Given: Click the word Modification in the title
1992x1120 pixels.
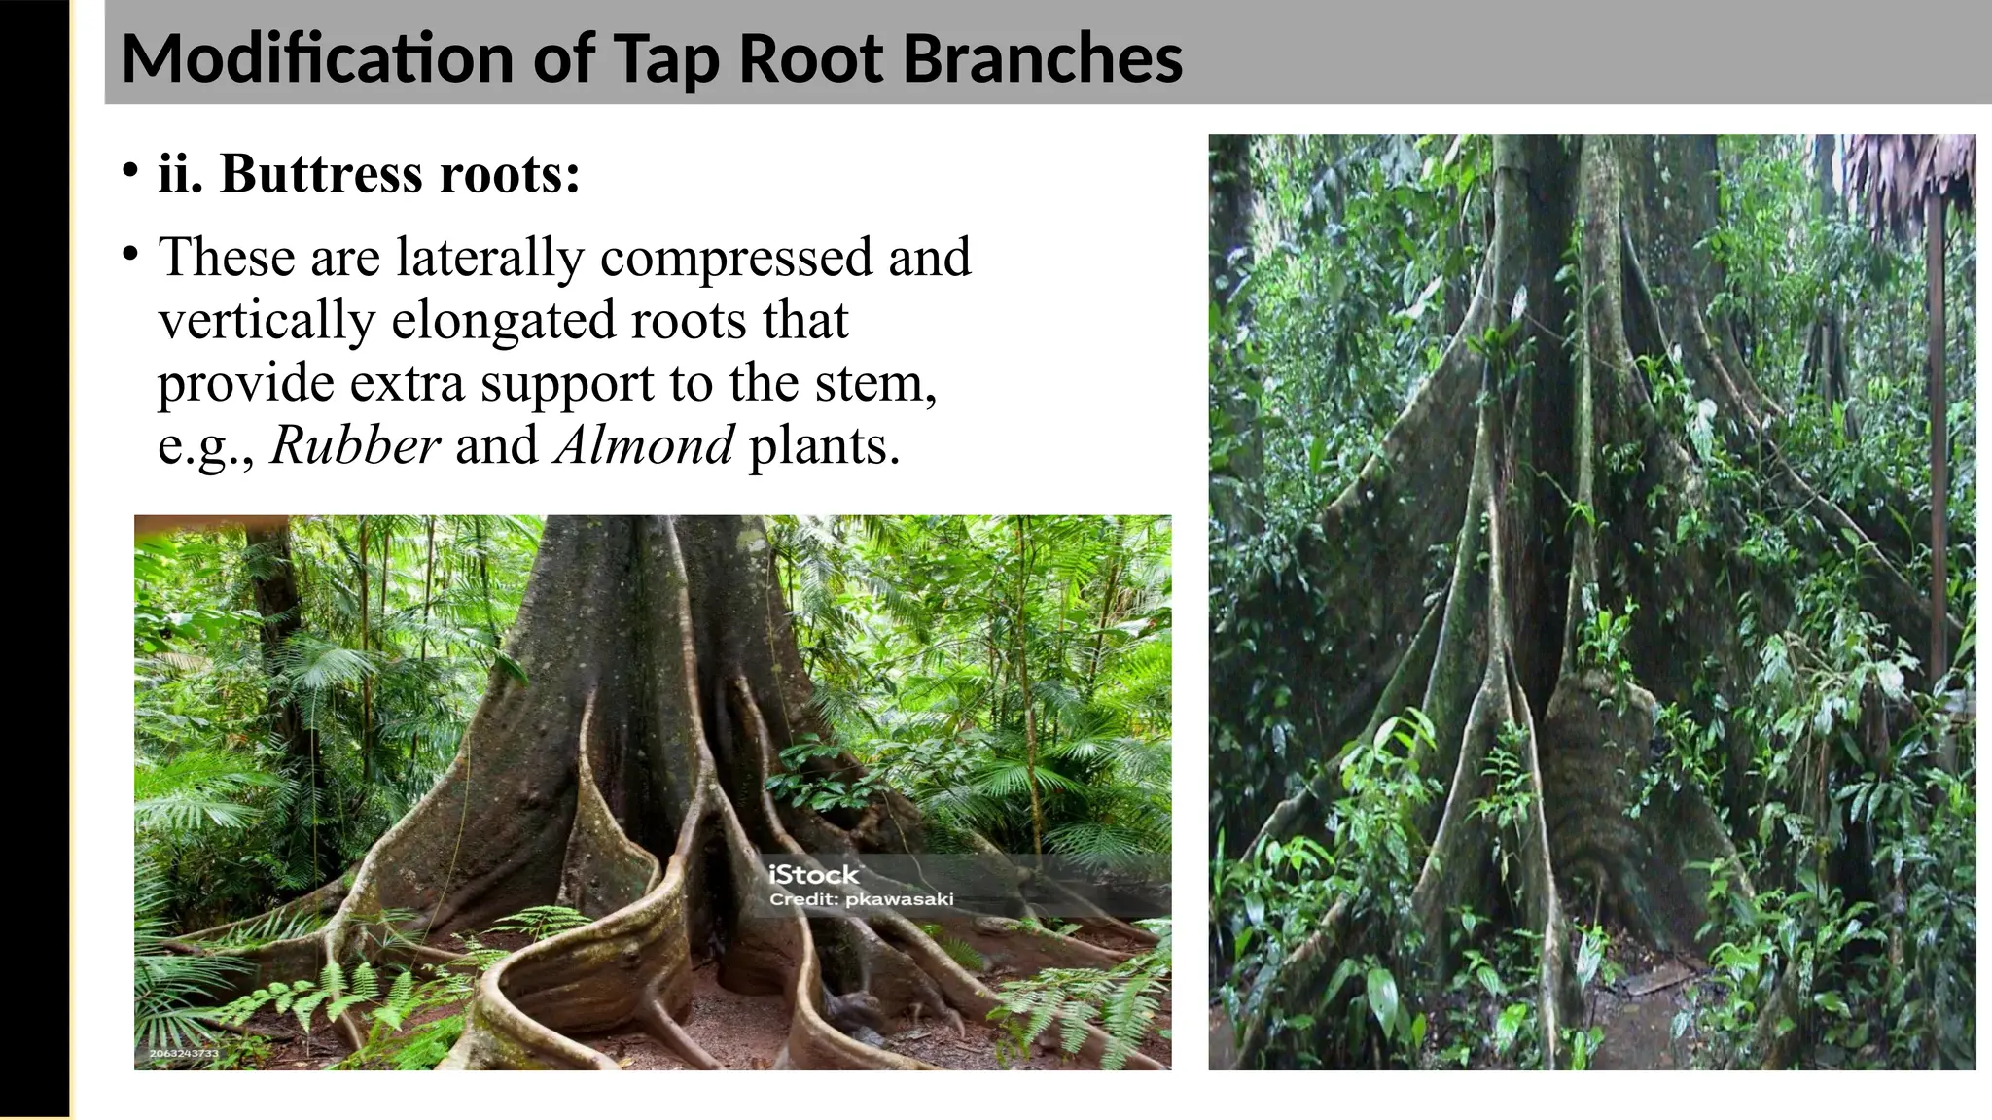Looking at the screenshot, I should pos(316,58).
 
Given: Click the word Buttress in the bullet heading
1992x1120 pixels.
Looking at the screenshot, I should pos(322,174).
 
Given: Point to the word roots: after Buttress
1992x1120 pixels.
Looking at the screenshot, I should pos(510,174).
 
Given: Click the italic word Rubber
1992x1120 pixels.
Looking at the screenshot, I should pos(355,445).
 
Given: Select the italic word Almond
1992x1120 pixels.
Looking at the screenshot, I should pos(644,445).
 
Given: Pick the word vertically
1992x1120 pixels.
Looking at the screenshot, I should pos(266,320).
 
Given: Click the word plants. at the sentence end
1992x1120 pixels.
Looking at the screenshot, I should pos(824,445).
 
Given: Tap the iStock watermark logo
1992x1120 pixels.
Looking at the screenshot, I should pos(814,874).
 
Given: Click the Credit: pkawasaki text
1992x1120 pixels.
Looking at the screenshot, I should pos(861,899).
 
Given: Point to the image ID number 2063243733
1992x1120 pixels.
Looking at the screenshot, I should pos(184,1053).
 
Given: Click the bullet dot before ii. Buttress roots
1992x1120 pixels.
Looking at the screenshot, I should pos(129,171).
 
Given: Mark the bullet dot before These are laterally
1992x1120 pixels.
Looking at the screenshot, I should pos(129,255).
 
